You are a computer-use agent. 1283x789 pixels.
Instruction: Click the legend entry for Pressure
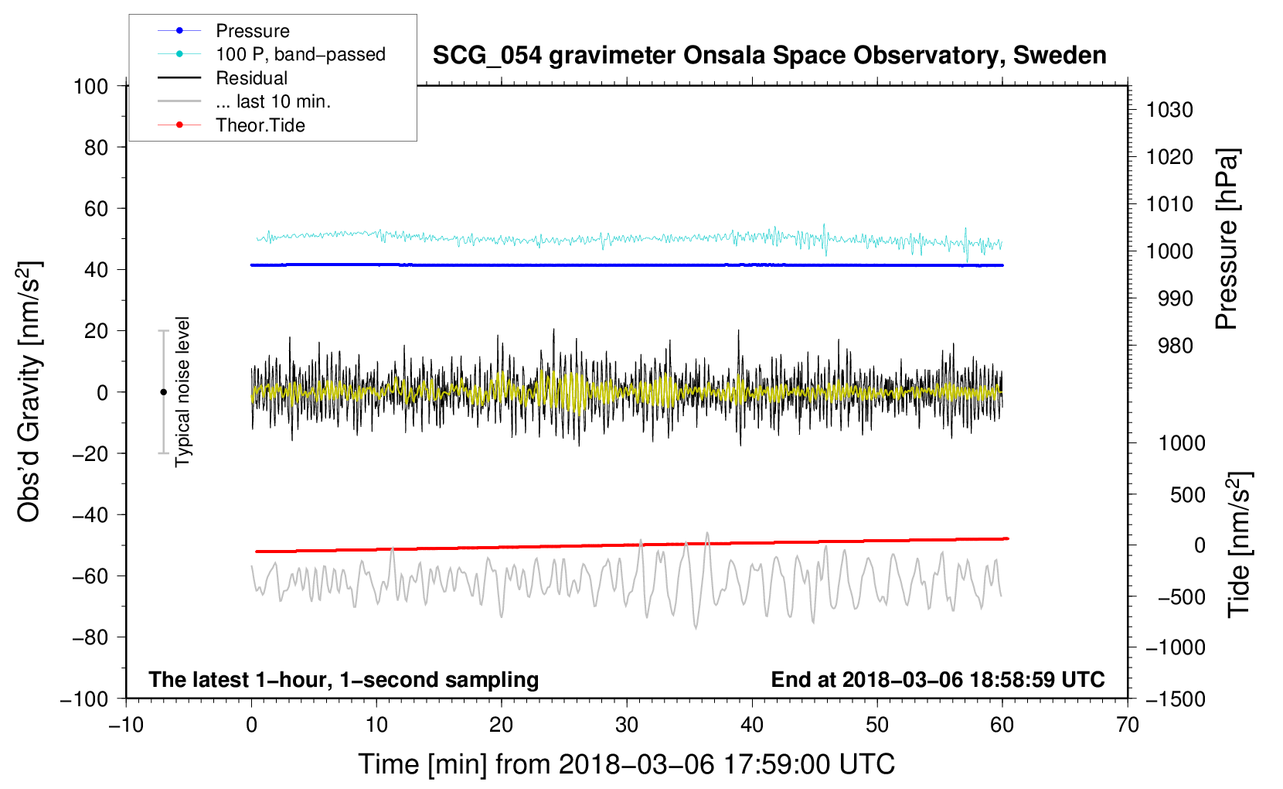(252, 31)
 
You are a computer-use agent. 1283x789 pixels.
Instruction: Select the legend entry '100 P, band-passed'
(300, 54)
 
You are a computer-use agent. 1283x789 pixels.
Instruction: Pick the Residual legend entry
(251, 78)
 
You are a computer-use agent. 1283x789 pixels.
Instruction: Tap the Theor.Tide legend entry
(260, 125)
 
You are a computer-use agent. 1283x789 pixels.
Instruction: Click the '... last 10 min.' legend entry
(273, 101)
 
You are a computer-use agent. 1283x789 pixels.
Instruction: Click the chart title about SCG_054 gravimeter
(769, 56)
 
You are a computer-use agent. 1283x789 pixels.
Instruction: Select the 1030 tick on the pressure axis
(1169, 110)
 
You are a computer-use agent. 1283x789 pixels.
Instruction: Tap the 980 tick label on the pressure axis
(1175, 346)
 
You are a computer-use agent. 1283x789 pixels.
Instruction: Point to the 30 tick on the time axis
(627, 725)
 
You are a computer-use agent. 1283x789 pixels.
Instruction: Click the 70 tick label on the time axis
(1128, 725)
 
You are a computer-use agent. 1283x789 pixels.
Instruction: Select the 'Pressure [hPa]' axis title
(1227, 239)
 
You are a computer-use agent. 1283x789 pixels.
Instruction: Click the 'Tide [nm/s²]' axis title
(1239, 544)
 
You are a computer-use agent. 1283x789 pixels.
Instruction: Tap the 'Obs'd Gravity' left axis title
(29, 392)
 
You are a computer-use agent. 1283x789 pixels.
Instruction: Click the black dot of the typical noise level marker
(163, 392)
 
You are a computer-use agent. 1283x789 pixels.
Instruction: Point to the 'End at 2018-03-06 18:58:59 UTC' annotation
(938, 679)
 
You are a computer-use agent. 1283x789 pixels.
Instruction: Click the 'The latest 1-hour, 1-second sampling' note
(343, 679)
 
